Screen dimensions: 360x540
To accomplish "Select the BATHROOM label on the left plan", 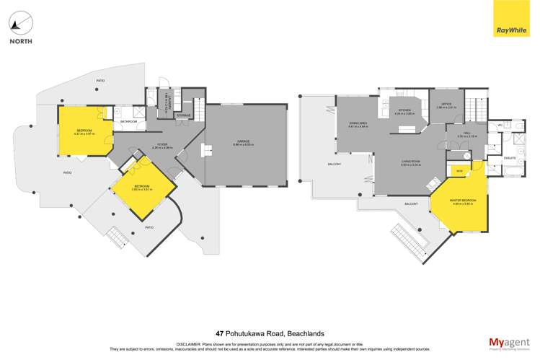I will point(128,122).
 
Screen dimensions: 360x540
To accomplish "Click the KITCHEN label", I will point(404,110).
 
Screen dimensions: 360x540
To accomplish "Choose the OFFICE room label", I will point(446,105).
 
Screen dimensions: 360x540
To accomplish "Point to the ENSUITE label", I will point(490,157).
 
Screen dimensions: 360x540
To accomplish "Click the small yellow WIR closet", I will point(459,170).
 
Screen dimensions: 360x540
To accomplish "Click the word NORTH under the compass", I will point(20,41).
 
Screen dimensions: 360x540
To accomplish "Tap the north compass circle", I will point(20,21).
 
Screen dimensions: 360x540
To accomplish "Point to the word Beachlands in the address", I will point(305,333).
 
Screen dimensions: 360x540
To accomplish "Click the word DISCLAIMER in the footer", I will point(189,344).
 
